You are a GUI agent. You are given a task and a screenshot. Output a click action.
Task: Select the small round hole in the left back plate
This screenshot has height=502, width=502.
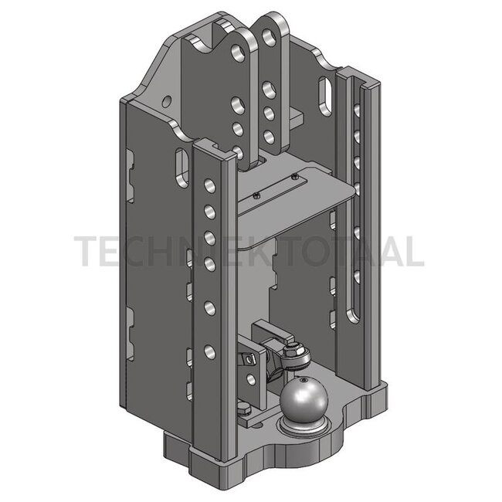[166, 101]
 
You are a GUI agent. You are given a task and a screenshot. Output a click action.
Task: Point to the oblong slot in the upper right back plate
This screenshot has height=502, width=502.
[325, 96]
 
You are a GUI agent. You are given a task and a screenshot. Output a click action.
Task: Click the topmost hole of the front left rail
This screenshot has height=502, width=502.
[210, 186]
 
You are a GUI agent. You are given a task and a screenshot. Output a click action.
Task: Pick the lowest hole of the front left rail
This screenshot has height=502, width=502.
[210, 351]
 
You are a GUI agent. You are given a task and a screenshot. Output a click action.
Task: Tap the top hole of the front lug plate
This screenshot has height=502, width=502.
[238, 53]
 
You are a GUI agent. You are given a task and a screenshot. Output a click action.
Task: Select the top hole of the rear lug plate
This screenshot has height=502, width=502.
[270, 37]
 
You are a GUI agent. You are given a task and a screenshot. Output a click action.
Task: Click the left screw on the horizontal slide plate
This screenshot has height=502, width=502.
[255, 195]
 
